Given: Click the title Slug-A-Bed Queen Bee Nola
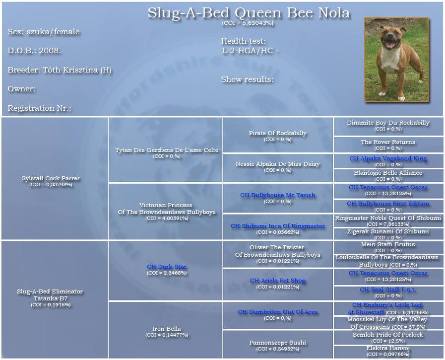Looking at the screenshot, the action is pyautogui.click(x=249, y=13).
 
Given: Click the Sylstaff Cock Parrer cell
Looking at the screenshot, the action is pyautogui.click(x=51, y=178).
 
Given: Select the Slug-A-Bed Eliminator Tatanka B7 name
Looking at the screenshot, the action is pyautogui.click(x=50, y=295).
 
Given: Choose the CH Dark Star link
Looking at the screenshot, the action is pyautogui.click(x=167, y=267).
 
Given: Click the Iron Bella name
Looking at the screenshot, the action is pyautogui.click(x=167, y=329).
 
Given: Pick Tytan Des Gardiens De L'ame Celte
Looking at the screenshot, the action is pyautogui.click(x=167, y=150).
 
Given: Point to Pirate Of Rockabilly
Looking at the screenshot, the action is pyautogui.click(x=277, y=133).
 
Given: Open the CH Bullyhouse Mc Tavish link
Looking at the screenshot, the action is pyautogui.click(x=277, y=195).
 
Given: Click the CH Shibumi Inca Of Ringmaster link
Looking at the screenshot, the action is pyautogui.click(x=277, y=226).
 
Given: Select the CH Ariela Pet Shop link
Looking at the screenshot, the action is pyautogui.click(x=277, y=281).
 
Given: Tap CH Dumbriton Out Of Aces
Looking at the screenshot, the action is pyautogui.click(x=277, y=312).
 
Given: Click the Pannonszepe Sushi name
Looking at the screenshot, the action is pyautogui.click(x=277, y=343).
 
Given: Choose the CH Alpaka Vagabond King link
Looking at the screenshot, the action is pyautogui.click(x=388, y=158).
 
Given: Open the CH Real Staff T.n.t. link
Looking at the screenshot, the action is pyautogui.click(x=388, y=289).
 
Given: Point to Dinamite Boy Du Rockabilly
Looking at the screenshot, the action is pyautogui.click(x=388, y=123).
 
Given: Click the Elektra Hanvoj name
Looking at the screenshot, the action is pyautogui.click(x=388, y=349).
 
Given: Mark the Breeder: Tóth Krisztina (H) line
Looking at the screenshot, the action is pyautogui.click(x=60, y=70).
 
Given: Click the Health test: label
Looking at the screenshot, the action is pyautogui.click(x=243, y=41).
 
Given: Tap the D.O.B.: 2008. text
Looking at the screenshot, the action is pyautogui.click(x=34, y=51).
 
